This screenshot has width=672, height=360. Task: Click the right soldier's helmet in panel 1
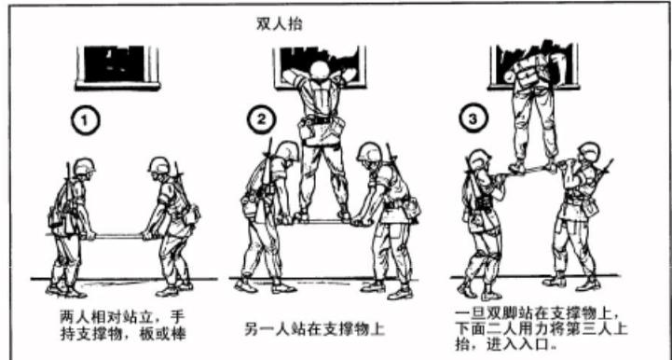[x=158, y=167]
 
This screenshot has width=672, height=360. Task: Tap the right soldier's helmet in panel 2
[x=369, y=150]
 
